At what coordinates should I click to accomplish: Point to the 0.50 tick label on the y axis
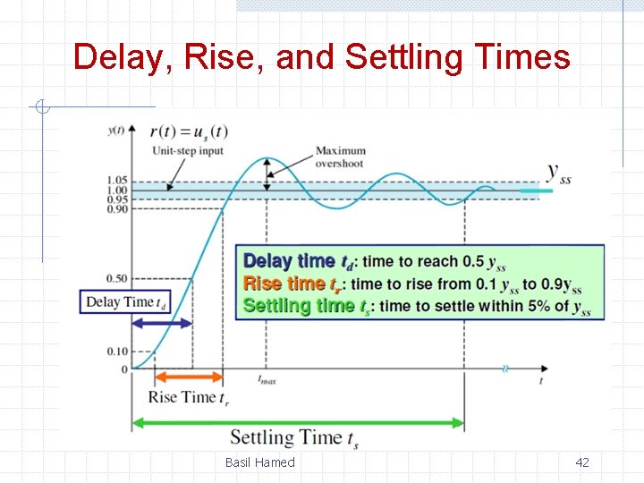117,279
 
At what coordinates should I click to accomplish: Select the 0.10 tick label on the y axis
117,352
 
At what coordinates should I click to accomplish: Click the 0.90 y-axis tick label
117,208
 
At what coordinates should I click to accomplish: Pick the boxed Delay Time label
124,302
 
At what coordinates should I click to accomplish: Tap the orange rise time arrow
189,378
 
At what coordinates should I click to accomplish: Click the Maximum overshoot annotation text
341,157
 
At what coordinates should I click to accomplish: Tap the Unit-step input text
188,150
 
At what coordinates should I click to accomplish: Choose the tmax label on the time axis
267,380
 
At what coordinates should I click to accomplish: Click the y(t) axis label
116,131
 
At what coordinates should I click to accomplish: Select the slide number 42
581,462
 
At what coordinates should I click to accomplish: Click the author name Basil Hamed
259,462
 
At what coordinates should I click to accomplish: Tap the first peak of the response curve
266,159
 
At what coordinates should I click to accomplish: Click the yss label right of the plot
559,173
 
